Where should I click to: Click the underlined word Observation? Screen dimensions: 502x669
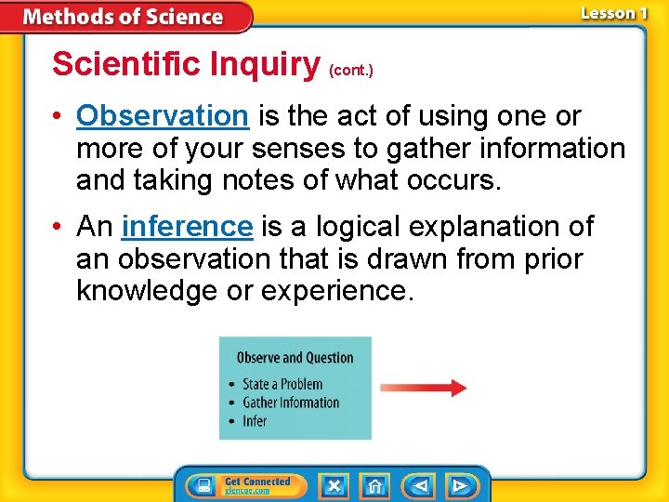coord(162,116)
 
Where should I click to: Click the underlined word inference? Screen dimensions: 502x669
coord(187,226)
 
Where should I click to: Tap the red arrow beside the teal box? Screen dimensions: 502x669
coord(423,388)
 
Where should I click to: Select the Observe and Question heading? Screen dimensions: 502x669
coord(295,358)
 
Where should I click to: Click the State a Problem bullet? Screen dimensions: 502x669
coord(282,384)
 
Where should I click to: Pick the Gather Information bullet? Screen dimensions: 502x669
coord(291,403)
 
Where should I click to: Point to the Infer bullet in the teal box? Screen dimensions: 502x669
coord(255,421)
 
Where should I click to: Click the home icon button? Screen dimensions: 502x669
coord(374,485)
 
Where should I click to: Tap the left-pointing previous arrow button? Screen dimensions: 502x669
coord(420,485)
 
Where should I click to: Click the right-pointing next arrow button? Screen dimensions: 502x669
coord(459,485)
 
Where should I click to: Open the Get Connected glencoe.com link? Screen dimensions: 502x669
coord(257,485)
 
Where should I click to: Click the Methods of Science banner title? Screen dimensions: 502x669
coord(123,17)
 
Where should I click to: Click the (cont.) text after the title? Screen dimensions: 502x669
coord(351,70)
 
